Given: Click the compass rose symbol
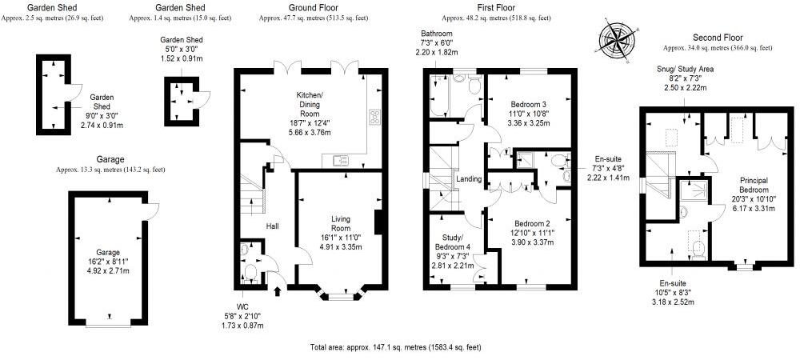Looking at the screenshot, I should [x=618, y=38].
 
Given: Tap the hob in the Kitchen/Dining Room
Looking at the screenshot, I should [x=374, y=117].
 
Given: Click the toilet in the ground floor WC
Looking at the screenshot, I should [x=250, y=274].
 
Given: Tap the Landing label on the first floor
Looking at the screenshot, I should [x=468, y=178].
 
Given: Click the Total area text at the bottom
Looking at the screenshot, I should [x=395, y=347].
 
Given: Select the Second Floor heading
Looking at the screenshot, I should [x=717, y=37].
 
